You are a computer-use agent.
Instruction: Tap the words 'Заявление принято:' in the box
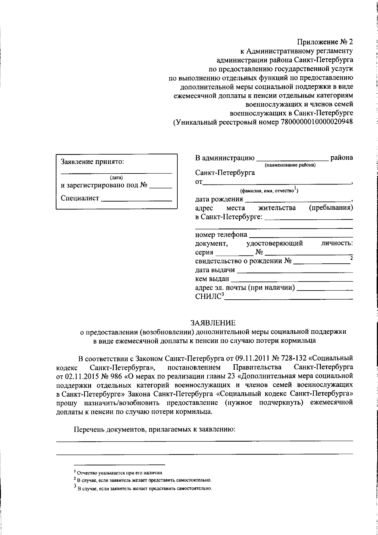92,162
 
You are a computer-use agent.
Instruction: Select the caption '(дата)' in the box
116,177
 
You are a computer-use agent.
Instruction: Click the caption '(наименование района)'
290,165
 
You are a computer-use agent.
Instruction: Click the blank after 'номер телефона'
301,235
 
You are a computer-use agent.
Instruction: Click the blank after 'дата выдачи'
295,271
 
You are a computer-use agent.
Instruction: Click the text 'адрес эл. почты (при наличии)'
245,288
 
